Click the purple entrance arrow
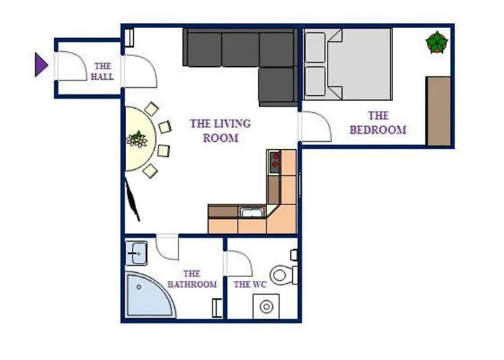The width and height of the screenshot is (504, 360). tap(41, 66)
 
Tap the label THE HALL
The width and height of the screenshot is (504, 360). tap(102, 71)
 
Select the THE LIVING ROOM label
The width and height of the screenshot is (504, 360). tap(220, 130)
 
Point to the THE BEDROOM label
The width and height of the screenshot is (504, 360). tap(378, 123)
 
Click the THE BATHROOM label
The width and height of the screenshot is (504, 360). tap(192, 279)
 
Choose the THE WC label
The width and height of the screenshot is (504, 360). tap(250, 284)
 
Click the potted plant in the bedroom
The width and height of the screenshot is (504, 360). tap(437, 42)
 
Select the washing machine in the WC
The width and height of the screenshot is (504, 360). tap(266, 306)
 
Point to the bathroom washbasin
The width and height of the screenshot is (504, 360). tap(136, 253)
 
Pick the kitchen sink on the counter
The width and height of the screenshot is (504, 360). tap(252, 212)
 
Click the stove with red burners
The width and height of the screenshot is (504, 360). tap(274, 162)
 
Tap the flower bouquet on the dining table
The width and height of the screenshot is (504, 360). tap(138, 139)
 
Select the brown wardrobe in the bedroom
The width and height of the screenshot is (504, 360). tap(438, 111)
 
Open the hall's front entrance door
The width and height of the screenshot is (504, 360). tap(71, 66)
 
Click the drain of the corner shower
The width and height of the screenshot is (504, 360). tap(139, 287)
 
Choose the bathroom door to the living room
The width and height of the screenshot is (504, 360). tap(167, 248)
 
